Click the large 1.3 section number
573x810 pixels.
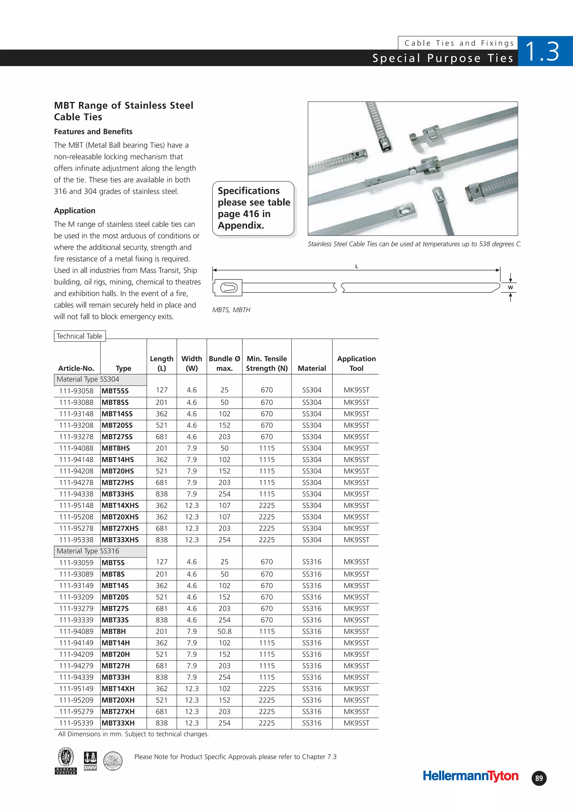(542, 51)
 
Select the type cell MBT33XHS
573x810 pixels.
(120, 540)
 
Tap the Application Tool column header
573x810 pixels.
(356, 363)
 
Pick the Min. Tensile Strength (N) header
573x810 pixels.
(267, 363)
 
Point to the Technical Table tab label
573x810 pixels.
(79, 336)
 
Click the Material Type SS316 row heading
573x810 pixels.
(88, 551)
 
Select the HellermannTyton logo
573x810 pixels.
(470, 776)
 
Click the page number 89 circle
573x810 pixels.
(539, 778)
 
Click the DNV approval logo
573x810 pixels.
(90, 761)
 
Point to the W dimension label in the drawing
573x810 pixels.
(510, 288)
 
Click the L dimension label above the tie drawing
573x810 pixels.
(356, 267)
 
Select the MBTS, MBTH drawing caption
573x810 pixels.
(231, 310)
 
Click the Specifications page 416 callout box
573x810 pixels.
(253, 208)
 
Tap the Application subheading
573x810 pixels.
(74, 211)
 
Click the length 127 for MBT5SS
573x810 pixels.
(162, 390)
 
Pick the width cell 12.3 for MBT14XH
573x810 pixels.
(192, 689)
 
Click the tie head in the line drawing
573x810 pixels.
(228, 288)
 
